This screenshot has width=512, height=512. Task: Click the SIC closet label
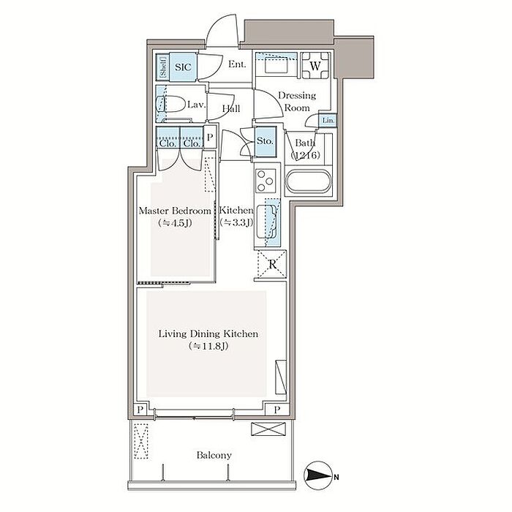pyautogui.click(x=183, y=67)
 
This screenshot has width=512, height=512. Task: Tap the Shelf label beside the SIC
pyautogui.click(x=163, y=67)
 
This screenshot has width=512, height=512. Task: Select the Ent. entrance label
pyautogui.click(x=237, y=64)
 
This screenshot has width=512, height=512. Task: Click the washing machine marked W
pyautogui.click(x=315, y=66)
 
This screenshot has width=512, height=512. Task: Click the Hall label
pyautogui.click(x=231, y=108)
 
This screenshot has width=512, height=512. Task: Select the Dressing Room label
pyautogui.click(x=297, y=102)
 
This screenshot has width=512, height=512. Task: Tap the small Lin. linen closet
pyautogui.click(x=328, y=120)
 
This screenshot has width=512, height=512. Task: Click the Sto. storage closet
pyautogui.click(x=265, y=141)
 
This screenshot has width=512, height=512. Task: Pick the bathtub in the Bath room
pyautogui.click(x=309, y=181)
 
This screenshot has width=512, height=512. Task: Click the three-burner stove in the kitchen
pyautogui.click(x=266, y=181)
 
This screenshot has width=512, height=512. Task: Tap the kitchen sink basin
pyautogui.click(x=266, y=221)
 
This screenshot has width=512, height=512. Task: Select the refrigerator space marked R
pyautogui.click(x=272, y=264)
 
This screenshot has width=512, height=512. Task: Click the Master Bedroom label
pyautogui.click(x=175, y=211)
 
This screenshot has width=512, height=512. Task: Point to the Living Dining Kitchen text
pyautogui.click(x=208, y=334)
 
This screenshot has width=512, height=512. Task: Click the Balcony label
pyautogui.click(x=214, y=455)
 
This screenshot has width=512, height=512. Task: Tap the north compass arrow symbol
pyautogui.click(x=317, y=476)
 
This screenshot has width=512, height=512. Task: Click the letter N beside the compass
pyautogui.click(x=336, y=478)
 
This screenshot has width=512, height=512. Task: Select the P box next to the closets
pyautogui.click(x=210, y=138)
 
